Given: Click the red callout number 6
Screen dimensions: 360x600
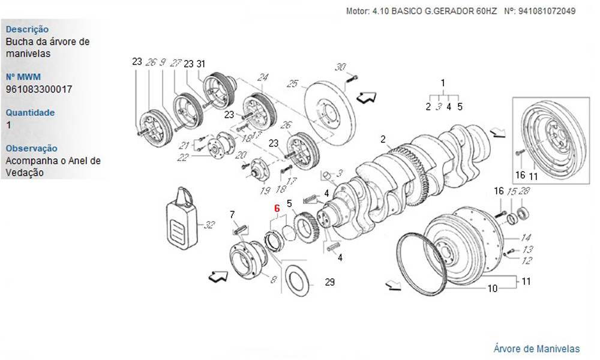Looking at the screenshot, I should (x=277, y=208).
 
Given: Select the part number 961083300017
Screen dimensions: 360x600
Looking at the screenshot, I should (x=39, y=89).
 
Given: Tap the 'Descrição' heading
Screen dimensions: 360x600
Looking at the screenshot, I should (x=27, y=29).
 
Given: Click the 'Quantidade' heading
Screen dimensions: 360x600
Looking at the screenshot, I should (x=30, y=112).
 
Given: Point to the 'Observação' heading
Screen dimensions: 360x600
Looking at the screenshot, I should (x=31, y=148).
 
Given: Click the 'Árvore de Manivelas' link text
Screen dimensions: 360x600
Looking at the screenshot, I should (x=536, y=348).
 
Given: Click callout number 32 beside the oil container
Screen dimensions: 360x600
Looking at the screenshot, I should (x=209, y=225).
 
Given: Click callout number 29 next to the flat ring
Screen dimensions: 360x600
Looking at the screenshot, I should (x=329, y=282).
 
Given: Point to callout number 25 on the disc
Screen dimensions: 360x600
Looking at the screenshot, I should (x=292, y=83).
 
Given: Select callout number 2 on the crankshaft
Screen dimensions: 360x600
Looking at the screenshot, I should (x=382, y=139).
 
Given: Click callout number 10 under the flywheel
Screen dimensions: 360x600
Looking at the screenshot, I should (x=492, y=288).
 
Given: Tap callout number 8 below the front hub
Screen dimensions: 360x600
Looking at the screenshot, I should (x=273, y=279).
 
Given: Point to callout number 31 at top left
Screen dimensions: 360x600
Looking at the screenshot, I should (x=201, y=64).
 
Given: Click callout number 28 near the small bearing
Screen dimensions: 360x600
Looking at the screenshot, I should (x=524, y=191).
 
